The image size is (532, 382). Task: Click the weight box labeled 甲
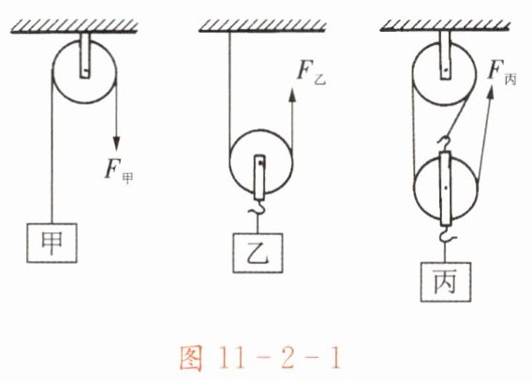pyautogui.click(x=52, y=242)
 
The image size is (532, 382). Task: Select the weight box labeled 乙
pyautogui.click(x=258, y=253)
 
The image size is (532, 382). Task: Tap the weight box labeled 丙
pyautogui.click(x=446, y=282)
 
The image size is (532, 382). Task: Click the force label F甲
pyautogui.click(x=118, y=172)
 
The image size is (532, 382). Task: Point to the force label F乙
pyautogui.click(x=311, y=74)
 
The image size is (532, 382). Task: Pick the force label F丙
pyautogui.click(x=502, y=73)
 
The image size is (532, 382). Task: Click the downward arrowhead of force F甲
pyautogui.click(x=116, y=143)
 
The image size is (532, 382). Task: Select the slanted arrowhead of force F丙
pyautogui.click(x=491, y=93)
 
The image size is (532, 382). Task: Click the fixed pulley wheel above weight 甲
pyautogui.click(x=84, y=71)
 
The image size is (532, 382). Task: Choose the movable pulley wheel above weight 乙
pyautogui.click(x=260, y=161)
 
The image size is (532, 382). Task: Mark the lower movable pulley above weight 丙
pyautogui.click(x=446, y=187)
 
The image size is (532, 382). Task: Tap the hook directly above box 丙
pyautogui.click(x=445, y=235)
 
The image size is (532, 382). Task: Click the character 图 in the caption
pyautogui.click(x=191, y=359)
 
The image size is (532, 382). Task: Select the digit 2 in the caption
pyautogui.click(x=287, y=359)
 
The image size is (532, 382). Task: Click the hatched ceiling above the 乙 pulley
pyautogui.click(x=262, y=26)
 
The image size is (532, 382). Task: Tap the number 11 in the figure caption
pyautogui.click(x=232, y=359)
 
